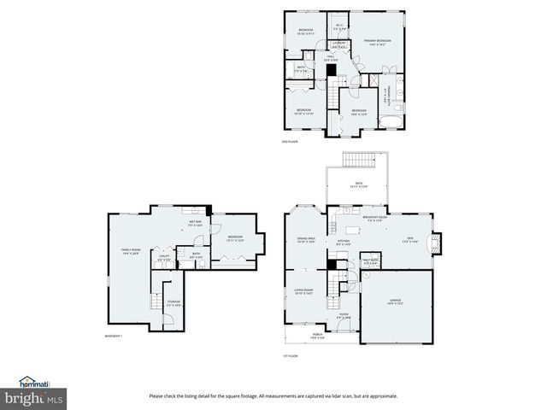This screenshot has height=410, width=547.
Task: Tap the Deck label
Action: point(358,184)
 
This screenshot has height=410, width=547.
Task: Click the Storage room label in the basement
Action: point(174,303)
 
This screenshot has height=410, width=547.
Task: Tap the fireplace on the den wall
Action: point(438,243)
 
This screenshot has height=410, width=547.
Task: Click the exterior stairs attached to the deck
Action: point(358,161)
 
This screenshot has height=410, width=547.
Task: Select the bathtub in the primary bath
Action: point(389,119)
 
